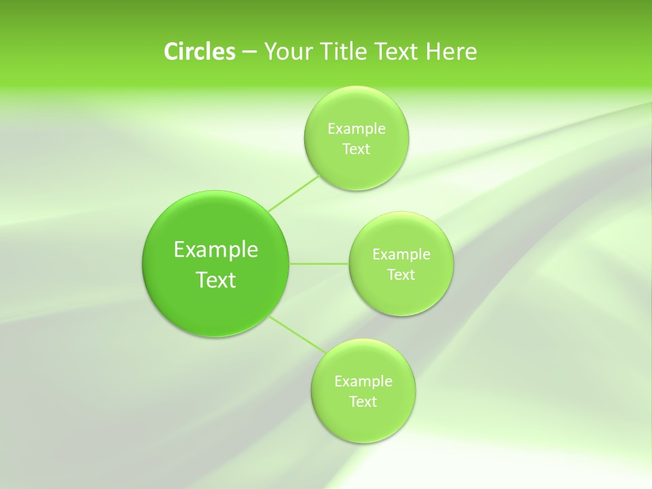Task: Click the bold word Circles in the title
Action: pos(199,52)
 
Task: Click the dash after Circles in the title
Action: pos(249,52)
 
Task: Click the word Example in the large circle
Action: pos(216,250)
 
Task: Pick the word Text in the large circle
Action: pos(216,280)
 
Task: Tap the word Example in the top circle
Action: pos(356,128)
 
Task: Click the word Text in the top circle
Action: pos(356,149)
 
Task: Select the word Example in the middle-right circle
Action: pos(401,254)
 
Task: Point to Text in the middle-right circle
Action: pos(401,274)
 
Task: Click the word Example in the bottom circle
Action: pos(363,381)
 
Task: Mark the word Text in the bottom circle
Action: pos(363,401)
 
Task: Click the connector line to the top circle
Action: pos(293,194)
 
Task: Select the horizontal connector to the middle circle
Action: pos(319,264)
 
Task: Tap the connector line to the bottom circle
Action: pos(297,334)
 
